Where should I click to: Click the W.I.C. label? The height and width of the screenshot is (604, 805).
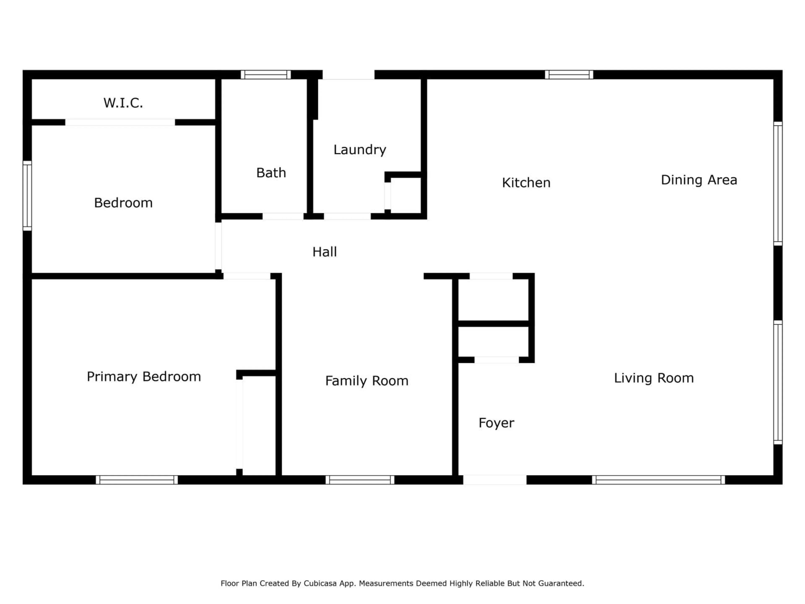click(123, 103)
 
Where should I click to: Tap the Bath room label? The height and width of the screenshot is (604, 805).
click(271, 173)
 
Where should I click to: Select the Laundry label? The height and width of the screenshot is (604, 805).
click(360, 150)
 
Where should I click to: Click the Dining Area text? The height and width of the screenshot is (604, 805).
click(699, 180)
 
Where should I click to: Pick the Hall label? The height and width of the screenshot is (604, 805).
click(324, 252)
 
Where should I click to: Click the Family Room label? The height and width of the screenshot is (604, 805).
click(366, 381)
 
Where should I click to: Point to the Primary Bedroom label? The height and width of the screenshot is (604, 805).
click(144, 376)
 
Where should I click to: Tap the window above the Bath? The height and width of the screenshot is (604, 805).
click(266, 75)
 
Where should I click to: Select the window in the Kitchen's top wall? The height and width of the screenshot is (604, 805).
click(569, 75)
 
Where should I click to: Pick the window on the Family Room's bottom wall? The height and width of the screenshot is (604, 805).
click(360, 480)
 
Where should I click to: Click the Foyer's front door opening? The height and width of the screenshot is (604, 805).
click(495, 480)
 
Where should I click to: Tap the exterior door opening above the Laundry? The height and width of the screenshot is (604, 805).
click(348, 75)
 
